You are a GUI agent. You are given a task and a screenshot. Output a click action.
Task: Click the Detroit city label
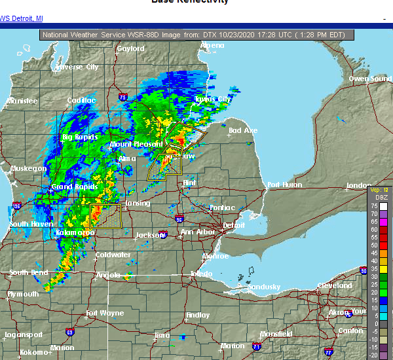coord(234,225)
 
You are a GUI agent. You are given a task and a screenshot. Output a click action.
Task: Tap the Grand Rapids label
coord(71,187)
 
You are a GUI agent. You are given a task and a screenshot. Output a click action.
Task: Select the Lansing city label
coord(138,203)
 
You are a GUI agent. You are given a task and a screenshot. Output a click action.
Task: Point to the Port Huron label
coord(284,185)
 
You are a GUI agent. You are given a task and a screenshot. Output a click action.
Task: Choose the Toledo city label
coord(201,274)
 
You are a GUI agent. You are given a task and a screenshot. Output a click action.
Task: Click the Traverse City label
coord(77,67)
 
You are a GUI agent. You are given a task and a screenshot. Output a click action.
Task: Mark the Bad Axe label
coord(243,131)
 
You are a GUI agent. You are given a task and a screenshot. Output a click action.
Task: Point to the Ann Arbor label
coord(197,232)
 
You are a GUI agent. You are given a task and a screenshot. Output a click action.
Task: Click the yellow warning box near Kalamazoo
coord(105,215)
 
